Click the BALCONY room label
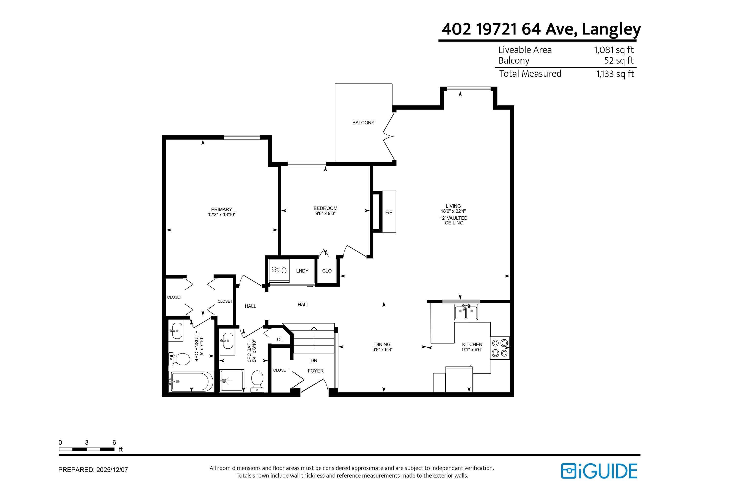coord(363,122)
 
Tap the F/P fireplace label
coord(389,212)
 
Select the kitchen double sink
coord(466,312)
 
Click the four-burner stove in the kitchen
coord(500,348)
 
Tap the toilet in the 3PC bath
coord(257,381)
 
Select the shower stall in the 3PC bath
coord(231,381)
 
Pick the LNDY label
coord(302,271)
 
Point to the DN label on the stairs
coord(314,360)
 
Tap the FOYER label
coord(316,371)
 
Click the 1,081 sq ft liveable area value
coord(614,50)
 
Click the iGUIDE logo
coord(599,471)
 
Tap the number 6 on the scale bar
coord(114,442)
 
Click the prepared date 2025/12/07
coord(112,470)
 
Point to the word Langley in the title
coord(611,30)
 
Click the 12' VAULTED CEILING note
coord(454,221)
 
